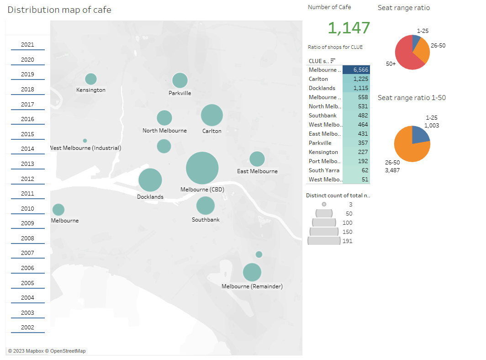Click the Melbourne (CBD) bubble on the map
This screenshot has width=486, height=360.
click(202, 168)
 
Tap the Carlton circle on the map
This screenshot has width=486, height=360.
click(212, 115)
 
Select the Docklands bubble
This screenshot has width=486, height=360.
click(150, 180)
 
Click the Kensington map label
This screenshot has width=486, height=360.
click(91, 90)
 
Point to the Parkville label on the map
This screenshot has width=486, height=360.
click(180, 93)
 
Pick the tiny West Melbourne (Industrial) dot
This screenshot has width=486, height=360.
click(85, 141)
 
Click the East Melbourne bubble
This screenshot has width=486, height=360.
click(257, 159)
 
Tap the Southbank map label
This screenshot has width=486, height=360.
click(206, 220)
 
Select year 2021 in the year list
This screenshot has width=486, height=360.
click(27, 45)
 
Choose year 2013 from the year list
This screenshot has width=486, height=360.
click(27, 164)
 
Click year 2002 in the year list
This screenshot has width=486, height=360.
click(27, 328)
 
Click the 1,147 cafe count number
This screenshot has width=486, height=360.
click(349, 28)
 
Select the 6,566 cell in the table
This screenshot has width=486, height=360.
click(356, 70)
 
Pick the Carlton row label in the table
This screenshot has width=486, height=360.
click(318, 79)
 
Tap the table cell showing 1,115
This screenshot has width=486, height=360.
click(356, 88)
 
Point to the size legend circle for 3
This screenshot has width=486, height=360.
click(324, 205)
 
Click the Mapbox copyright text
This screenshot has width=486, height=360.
click(47, 351)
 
